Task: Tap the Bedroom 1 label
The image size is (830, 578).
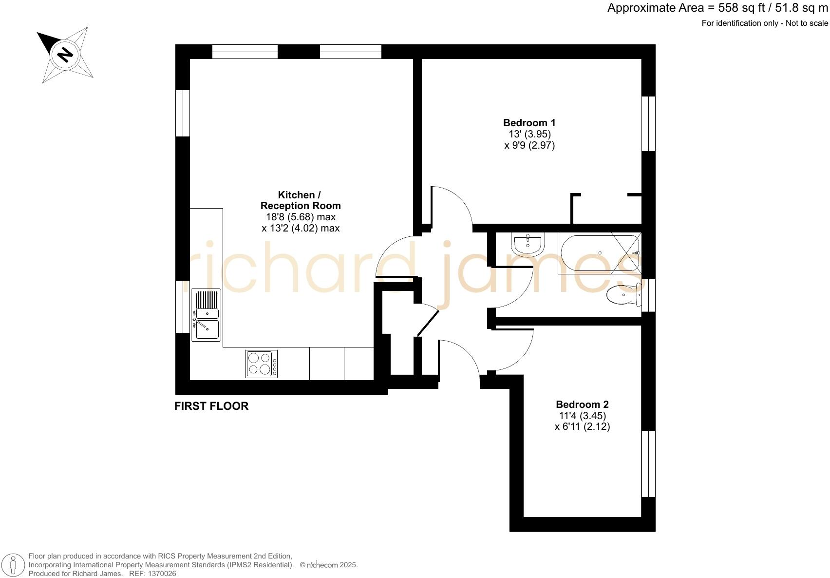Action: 529,123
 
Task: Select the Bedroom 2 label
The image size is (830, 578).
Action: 582,405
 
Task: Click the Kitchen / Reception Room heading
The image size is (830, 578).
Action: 300,200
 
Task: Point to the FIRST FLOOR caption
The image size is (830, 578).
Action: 211,406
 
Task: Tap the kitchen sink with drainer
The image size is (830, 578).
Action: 206,315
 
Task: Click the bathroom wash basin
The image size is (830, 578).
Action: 528,243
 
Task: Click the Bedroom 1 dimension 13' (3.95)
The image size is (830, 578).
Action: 529,134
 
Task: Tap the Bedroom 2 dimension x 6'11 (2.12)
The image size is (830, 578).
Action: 582,427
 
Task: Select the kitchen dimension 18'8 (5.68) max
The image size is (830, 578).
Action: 301,217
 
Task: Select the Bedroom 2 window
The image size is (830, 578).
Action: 648,463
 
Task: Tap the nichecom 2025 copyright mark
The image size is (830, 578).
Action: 329,565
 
